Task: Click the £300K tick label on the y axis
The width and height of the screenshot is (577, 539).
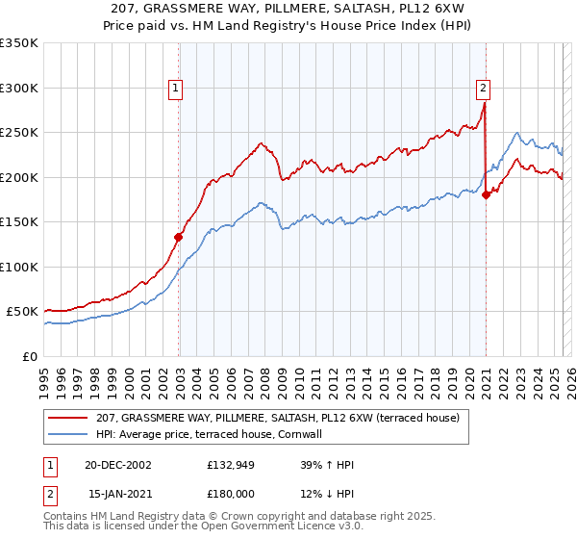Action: pos(18,88)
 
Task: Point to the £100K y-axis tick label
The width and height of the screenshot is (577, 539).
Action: pos(18,267)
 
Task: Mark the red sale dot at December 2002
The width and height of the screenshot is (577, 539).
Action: pos(179,237)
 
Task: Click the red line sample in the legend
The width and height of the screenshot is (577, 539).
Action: pos(69,418)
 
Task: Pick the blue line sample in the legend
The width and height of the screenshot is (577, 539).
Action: pos(69,434)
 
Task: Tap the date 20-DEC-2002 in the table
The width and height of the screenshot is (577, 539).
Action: pos(111,465)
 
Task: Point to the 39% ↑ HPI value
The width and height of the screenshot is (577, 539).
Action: pos(327,465)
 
